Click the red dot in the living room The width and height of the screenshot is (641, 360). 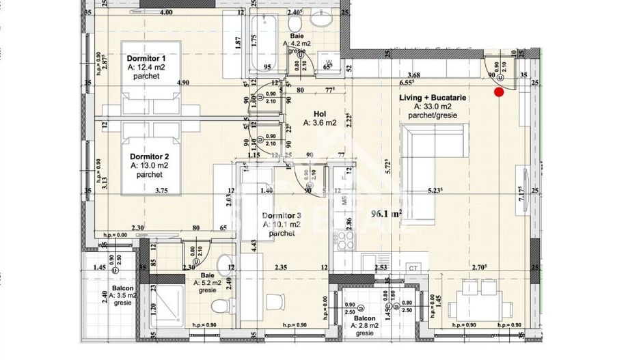pos(499,92)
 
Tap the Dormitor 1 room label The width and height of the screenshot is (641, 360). pos(146,59)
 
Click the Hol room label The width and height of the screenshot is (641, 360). pos(320,114)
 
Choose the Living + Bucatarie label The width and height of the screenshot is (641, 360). pos(433,98)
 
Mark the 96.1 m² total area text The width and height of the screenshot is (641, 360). pos(386,212)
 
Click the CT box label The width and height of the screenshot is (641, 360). pos(412,268)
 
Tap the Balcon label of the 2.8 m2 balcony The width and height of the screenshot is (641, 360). pos(364,318)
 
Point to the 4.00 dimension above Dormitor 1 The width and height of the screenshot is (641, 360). pos(165,12)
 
